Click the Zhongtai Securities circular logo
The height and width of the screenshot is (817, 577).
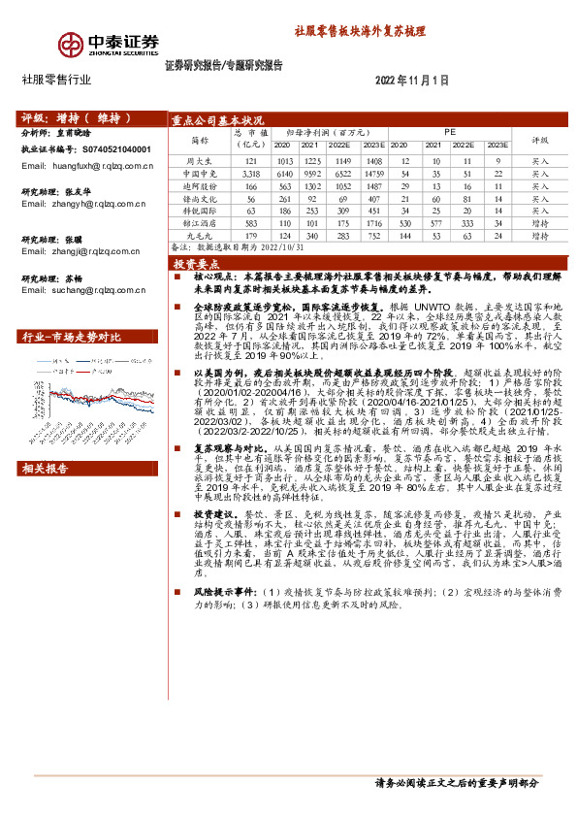71,45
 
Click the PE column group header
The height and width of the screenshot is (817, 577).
449,128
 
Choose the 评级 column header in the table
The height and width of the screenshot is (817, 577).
539,139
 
